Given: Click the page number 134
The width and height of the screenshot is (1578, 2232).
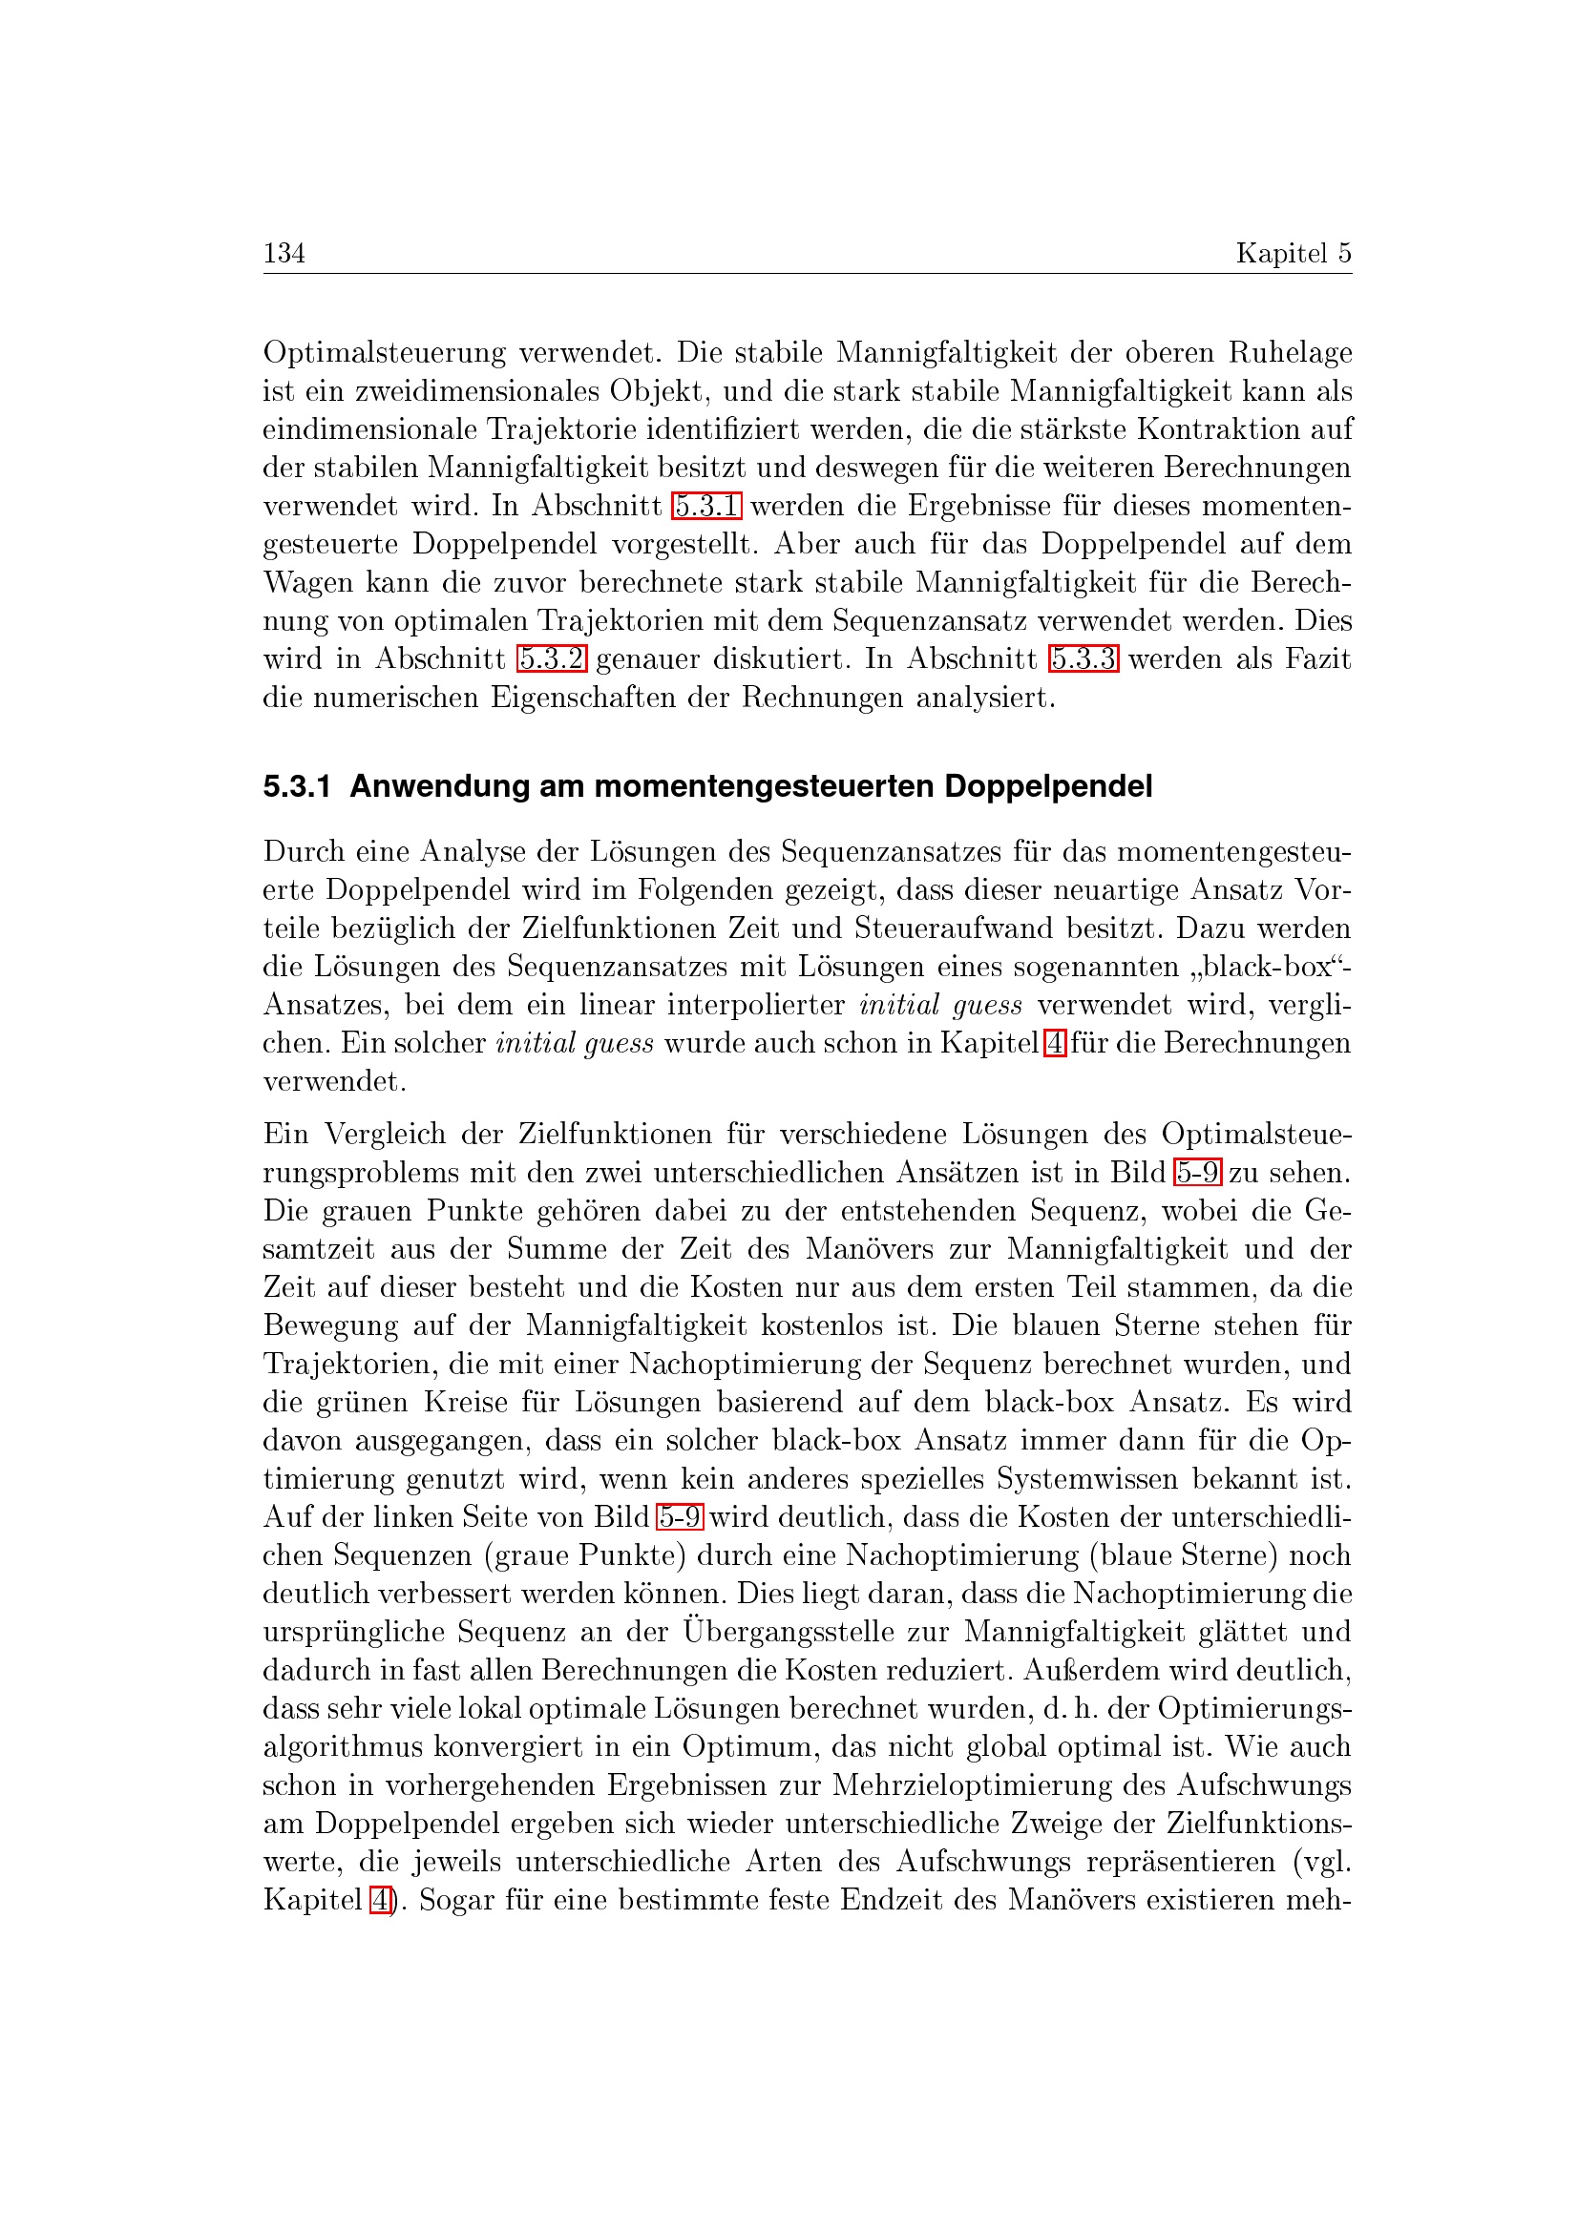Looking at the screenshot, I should (x=284, y=253).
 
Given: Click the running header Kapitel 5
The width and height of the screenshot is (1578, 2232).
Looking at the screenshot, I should (x=1293, y=253).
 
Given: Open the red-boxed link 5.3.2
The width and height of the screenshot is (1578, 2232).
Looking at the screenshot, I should (x=551, y=659).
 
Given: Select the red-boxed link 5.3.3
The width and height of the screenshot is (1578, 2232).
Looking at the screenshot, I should (x=1084, y=659).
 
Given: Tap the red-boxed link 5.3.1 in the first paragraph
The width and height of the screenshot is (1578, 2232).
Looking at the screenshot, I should (x=706, y=507).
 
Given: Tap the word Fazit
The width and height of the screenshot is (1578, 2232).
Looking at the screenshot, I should (x=1317, y=659).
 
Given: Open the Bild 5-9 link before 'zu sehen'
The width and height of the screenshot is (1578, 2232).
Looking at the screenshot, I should (x=1197, y=1174).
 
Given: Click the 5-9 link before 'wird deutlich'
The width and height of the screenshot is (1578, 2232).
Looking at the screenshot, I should (x=680, y=1517).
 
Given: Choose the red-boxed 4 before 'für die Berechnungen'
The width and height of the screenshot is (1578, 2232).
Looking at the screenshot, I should (x=1054, y=1044).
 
